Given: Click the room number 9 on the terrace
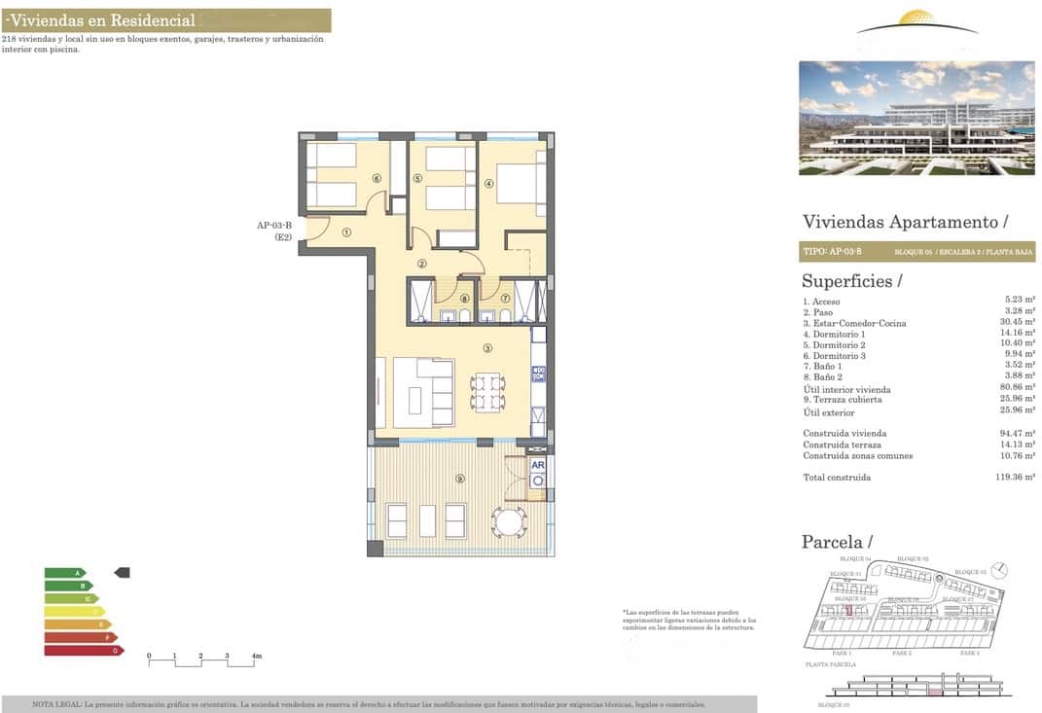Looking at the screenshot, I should (x=460, y=478).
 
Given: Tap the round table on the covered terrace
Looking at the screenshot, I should (x=509, y=521).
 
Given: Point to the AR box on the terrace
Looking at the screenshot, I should (x=537, y=464).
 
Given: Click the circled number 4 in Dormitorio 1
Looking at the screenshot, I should (x=489, y=181).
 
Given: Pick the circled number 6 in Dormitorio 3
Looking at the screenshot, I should (x=376, y=178).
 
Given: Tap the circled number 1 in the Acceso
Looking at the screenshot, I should (x=346, y=232).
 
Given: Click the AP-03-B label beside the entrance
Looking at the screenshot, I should (x=274, y=226).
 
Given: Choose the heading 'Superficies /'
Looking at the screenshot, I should (x=851, y=281).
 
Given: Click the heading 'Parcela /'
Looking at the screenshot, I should (x=837, y=542).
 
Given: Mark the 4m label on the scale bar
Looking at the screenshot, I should (x=257, y=657).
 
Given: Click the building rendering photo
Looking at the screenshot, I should (x=916, y=118).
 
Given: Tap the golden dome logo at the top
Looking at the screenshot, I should (x=917, y=19).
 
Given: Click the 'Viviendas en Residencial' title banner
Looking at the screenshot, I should (x=165, y=20).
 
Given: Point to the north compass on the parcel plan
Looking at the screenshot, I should (x=1002, y=570).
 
